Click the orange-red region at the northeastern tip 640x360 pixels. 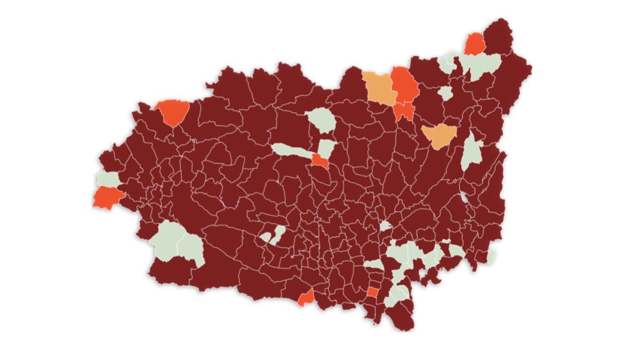[474, 44]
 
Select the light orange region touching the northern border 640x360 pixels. [379, 87]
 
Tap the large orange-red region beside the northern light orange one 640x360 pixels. [405, 85]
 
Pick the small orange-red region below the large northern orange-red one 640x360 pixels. [404, 111]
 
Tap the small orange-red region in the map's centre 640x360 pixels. [320, 162]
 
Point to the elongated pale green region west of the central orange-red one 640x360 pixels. [291, 150]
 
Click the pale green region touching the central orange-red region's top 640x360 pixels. [327, 148]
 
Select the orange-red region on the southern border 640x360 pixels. [306, 298]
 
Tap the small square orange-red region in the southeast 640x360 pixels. [373, 292]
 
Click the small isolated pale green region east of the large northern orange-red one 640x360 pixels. [445, 93]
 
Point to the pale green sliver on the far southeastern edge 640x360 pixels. [492, 255]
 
